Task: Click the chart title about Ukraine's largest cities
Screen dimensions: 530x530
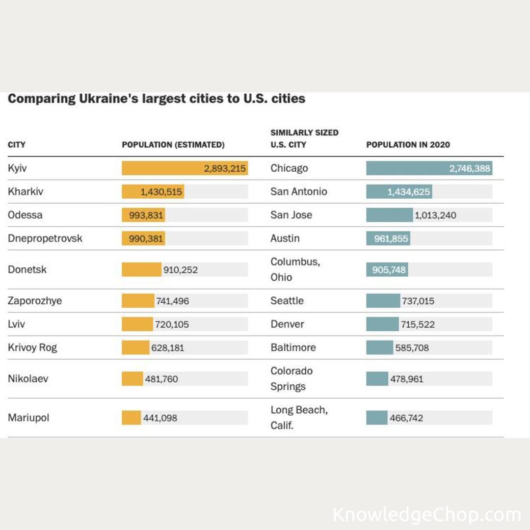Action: (157, 99)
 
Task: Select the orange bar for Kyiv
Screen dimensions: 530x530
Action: (185, 168)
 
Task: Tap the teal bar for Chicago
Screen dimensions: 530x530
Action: (429, 168)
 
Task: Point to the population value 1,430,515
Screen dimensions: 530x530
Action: (161, 192)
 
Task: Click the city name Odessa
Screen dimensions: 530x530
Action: (25, 215)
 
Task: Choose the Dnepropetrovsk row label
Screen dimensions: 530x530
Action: (45, 238)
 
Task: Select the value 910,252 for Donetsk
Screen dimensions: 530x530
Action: (181, 270)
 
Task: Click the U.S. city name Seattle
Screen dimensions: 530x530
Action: (287, 301)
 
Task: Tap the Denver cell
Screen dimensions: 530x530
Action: (287, 324)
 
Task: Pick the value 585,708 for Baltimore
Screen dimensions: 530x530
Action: (412, 348)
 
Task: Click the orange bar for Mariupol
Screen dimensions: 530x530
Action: (131, 418)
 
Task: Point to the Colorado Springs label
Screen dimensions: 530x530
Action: (291, 378)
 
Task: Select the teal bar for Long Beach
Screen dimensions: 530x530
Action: (376, 418)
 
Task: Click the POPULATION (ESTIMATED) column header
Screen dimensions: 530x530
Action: (173, 145)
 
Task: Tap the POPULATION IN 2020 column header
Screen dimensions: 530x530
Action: (408, 145)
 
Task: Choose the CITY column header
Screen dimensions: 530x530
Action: (17, 145)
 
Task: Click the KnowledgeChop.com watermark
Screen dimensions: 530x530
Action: (426, 515)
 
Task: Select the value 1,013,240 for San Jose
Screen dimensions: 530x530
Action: (435, 215)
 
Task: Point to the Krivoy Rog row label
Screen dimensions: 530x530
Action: (32, 347)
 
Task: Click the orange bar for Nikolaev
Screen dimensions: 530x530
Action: (132, 379)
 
